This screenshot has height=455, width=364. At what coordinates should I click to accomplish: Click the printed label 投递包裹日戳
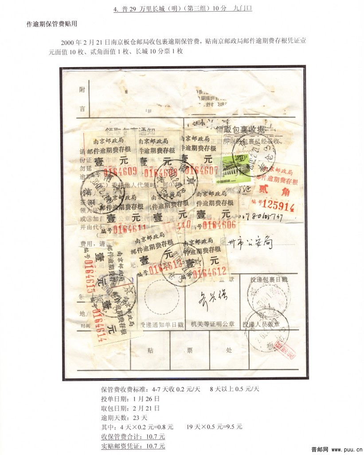(269, 280)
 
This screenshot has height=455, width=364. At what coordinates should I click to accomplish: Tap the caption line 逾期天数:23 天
(124, 418)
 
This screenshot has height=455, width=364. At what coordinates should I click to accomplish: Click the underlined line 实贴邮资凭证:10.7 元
(133, 446)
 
